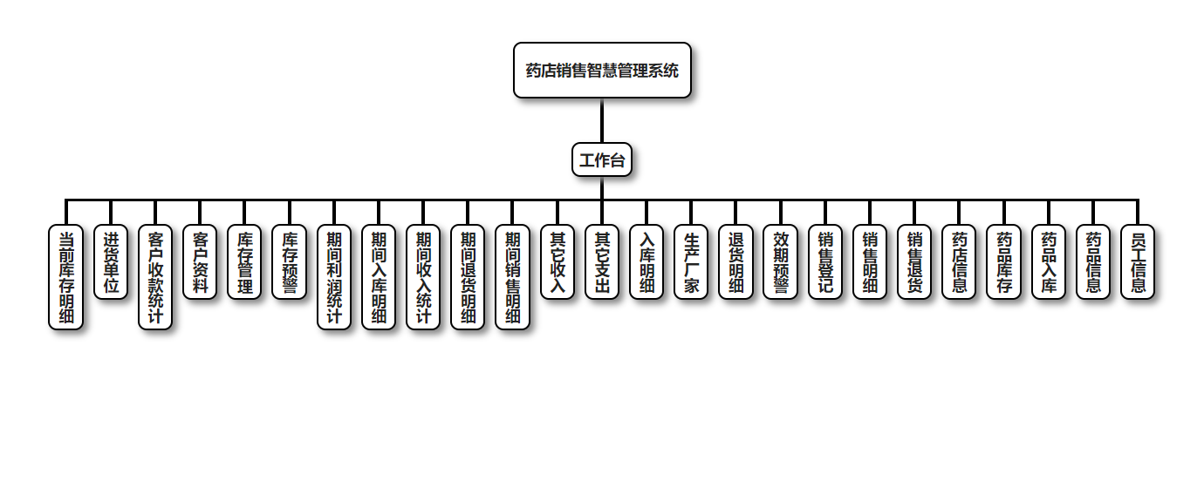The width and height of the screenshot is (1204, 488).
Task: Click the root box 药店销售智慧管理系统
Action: pos(602,70)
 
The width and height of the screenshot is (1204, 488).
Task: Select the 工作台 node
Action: pos(602,160)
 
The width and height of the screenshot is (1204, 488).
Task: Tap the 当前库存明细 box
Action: pos(66,277)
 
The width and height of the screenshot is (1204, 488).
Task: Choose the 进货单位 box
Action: pos(111,262)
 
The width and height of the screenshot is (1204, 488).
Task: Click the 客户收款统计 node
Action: pos(155,277)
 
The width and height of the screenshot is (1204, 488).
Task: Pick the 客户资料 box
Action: pos(200,262)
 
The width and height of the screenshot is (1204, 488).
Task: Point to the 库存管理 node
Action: pos(244,262)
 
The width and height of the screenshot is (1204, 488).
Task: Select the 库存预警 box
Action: pos(289,262)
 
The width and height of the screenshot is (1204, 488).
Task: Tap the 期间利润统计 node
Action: pos(334,277)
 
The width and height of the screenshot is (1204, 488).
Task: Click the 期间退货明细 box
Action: pos(468,277)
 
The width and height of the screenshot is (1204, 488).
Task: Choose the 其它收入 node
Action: pos(558,262)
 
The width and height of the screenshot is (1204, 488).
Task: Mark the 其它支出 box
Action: pos(602,262)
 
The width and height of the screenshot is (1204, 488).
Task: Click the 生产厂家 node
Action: pos(691,262)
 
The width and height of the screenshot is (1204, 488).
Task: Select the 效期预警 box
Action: pos(780,262)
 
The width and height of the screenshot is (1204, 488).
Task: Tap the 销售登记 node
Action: pos(825,262)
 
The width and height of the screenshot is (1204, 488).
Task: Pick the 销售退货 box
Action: pos(914,262)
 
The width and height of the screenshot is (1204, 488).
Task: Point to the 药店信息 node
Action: pos(959,262)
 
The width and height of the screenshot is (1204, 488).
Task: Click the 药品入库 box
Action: pos(1049,262)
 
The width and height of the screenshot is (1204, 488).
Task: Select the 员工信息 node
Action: pos(1138,262)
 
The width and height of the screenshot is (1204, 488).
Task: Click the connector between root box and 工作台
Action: pos(602,120)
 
